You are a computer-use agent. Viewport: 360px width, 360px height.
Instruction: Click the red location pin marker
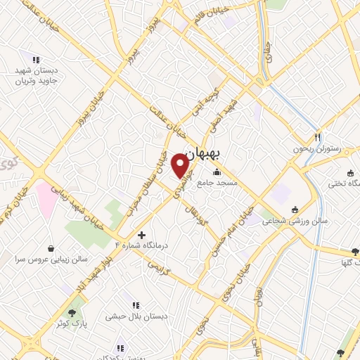[180, 166]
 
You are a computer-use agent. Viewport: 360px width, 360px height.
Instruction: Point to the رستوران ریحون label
[317, 150]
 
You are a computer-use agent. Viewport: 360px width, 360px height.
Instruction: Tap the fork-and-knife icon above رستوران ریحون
[317, 138]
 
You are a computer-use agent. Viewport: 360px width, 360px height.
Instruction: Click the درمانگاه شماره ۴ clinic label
[143, 245]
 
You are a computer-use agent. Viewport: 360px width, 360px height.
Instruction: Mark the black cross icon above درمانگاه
[142, 234]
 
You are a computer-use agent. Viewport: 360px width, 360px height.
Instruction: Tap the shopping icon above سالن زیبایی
[52, 248]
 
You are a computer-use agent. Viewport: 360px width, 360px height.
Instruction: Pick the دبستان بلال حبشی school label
[136, 316]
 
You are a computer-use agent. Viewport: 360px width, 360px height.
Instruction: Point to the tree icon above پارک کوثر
[72, 312]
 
